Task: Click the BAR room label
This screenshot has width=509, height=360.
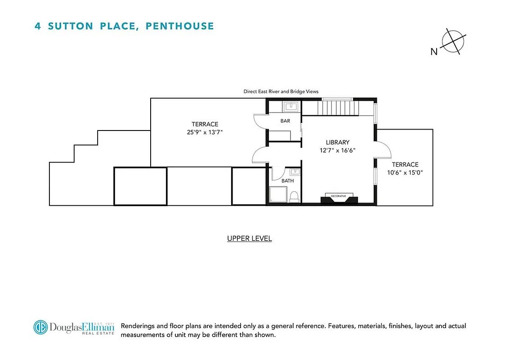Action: click(x=285, y=121)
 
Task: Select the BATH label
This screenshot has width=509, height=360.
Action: click(x=287, y=181)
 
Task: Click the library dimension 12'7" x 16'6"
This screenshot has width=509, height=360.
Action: click(x=338, y=151)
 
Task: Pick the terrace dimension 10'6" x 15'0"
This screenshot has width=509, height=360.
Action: click(x=405, y=172)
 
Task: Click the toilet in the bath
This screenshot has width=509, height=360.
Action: click(x=295, y=196)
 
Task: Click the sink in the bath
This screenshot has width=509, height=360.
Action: click(x=295, y=171)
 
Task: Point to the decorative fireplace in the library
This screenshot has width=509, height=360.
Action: click(x=339, y=198)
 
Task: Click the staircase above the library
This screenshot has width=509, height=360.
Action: click(x=337, y=108)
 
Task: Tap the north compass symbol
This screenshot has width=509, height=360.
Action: click(x=453, y=42)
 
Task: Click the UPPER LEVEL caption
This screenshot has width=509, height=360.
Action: click(x=250, y=238)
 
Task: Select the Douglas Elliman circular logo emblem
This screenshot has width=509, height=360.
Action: click(x=40, y=327)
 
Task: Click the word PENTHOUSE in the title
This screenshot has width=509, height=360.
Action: click(x=180, y=26)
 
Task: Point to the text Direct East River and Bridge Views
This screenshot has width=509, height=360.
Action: click(x=281, y=91)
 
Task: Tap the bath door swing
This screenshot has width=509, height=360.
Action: click(x=277, y=173)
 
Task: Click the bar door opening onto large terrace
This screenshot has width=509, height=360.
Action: click(x=260, y=120)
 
